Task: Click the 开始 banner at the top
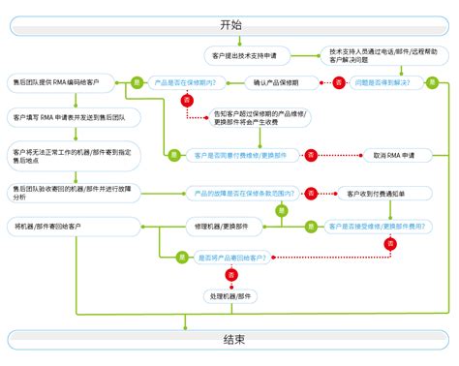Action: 229,24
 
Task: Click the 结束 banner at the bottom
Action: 229,340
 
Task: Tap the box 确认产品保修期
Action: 268,83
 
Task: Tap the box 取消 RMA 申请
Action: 394,154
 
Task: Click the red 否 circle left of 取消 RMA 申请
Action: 311,154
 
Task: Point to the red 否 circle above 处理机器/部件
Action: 231,276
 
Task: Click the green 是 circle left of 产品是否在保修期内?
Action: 137,83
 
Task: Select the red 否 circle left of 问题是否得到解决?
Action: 338,83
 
